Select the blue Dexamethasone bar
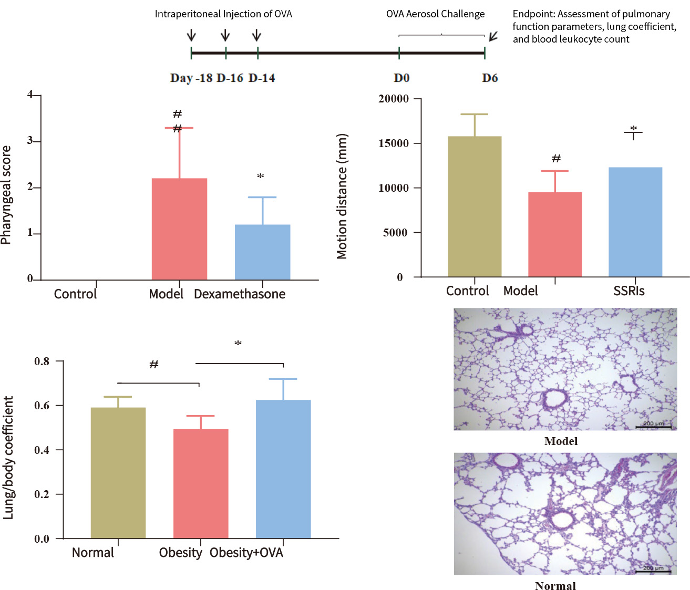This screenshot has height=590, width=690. [262, 252]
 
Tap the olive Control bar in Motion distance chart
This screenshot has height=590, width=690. [475, 206]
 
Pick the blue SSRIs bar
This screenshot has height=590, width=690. [635, 222]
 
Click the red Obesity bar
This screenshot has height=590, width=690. [201, 483]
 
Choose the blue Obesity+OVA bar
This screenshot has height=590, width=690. [283, 469]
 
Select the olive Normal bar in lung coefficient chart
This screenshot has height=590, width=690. [118, 473]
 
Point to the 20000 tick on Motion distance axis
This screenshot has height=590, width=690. [394, 99]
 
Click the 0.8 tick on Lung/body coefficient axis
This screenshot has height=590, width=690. [42, 361]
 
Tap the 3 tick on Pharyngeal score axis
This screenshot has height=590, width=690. [30, 141]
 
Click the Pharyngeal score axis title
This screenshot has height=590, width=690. [6, 195]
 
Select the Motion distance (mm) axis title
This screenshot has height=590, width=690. [342, 196]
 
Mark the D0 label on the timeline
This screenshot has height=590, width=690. [401, 78]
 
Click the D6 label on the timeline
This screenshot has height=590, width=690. [490, 78]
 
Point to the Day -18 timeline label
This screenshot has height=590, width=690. [191, 78]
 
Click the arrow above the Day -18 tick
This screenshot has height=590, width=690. [191, 36]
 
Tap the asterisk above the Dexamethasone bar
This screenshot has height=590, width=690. [260, 177]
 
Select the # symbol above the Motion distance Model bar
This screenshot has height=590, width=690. [556, 159]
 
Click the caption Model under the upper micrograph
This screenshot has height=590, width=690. [561, 441]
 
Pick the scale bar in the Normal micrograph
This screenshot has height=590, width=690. [653, 572]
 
